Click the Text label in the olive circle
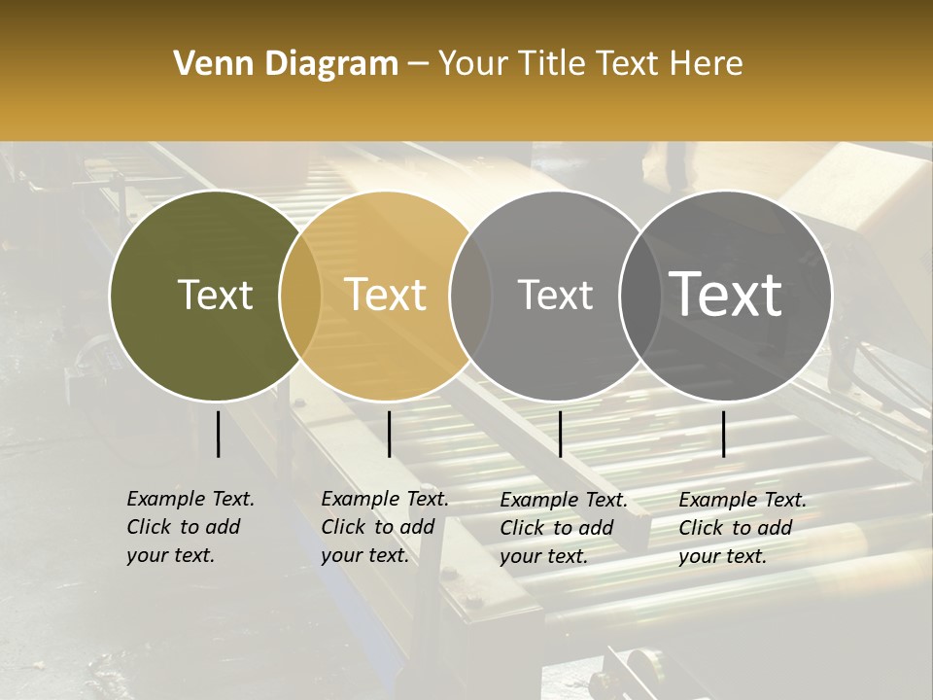coord(215,295)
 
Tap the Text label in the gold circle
coord(386,295)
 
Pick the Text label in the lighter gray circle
coord(555,295)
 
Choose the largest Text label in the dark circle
coord(726,295)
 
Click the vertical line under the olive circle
coord(218,434)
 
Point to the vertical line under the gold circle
coord(389,434)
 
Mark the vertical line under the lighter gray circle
coord(560,434)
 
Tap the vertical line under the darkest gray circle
coord(723,434)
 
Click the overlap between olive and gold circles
coord(300,296)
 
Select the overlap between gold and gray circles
coord(470,296)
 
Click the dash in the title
coord(418,64)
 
